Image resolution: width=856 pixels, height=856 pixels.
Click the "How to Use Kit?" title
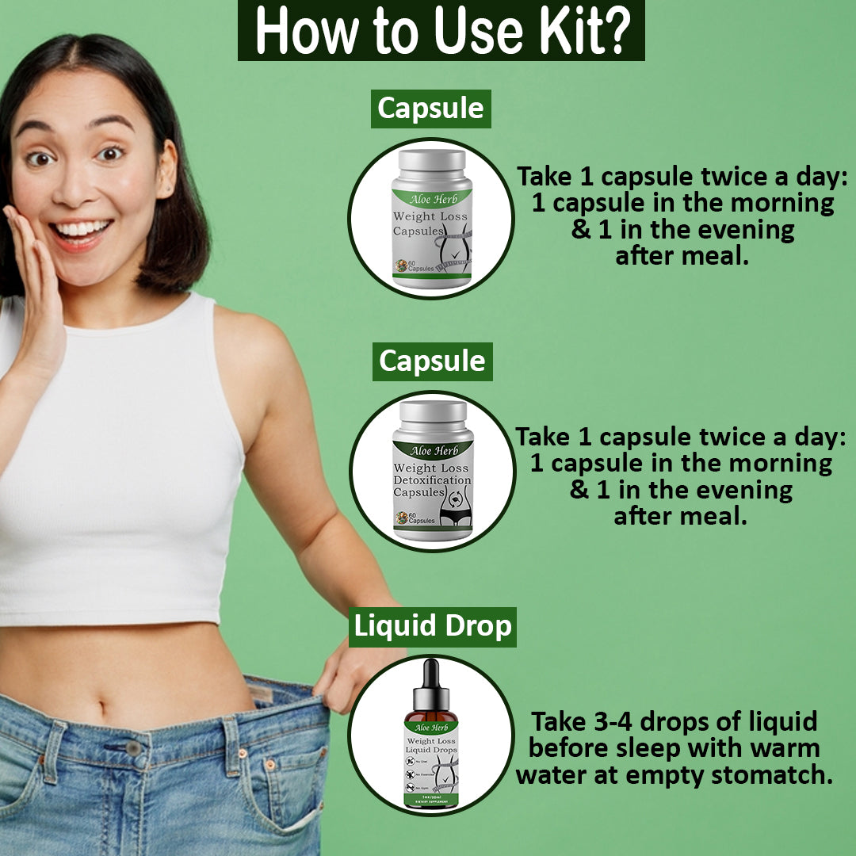[x=441, y=31]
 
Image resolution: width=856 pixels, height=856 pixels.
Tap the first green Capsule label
[x=430, y=109]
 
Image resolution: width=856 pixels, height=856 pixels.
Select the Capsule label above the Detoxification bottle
[x=432, y=361]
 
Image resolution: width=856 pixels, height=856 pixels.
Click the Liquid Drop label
[x=433, y=626]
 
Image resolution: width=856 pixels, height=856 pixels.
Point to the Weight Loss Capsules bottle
[x=432, y=218]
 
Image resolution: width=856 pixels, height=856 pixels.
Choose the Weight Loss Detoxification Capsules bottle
[x=433, y=472]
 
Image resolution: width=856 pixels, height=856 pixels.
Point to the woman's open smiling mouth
[x=80, y=231]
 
